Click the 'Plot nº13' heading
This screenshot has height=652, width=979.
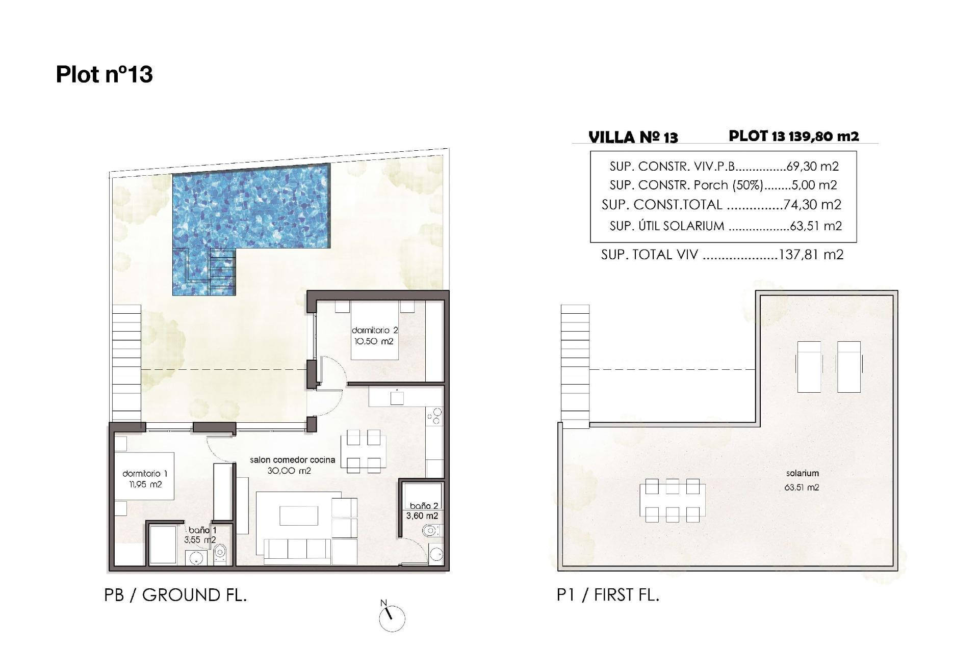[104, 74]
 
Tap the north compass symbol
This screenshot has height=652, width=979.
[392, 618]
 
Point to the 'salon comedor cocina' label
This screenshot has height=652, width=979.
[292, 460]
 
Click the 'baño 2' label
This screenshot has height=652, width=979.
[424, 506]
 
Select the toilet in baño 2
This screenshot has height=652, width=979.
[430, 532]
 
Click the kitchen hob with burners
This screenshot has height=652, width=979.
[434, 417]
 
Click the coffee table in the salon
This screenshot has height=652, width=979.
[299, 515]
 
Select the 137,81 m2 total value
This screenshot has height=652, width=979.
[811, 254]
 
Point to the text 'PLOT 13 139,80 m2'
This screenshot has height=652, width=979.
[793, 136]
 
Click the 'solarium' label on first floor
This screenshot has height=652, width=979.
[802, 473]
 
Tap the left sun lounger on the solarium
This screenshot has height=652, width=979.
[809, 366]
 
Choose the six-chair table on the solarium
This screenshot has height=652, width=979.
[672, 500]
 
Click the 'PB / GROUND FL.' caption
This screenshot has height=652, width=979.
[175, 595]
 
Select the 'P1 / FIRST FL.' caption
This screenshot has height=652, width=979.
[608, 595]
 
